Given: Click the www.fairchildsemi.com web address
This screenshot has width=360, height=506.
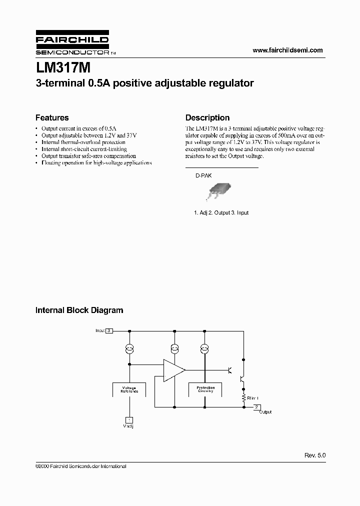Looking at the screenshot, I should coord(287,50).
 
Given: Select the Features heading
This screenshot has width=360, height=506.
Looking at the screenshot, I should coord(52,118).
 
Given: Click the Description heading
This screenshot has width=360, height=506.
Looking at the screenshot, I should coord(207,118).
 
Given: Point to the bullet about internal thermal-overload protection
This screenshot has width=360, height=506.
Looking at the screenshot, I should coord(83,142).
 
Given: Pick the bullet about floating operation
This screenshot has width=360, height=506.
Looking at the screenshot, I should coord(96,163).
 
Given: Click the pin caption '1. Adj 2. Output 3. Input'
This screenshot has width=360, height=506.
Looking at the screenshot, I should coord(221,212).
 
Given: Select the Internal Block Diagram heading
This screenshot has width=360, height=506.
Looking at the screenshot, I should coord(79,310).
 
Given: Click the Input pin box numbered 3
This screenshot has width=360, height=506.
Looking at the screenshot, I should coord(109,331).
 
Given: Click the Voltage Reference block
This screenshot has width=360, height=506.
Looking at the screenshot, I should coord(129,389).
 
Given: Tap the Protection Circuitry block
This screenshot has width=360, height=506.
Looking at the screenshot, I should coord(205,389).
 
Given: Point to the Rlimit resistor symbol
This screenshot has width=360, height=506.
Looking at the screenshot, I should coord(243,397).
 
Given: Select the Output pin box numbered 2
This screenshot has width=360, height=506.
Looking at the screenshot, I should coord(256,407).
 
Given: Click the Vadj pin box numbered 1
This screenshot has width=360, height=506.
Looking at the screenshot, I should coord(129,419).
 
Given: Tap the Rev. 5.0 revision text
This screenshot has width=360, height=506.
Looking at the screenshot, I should coord(315,456).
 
